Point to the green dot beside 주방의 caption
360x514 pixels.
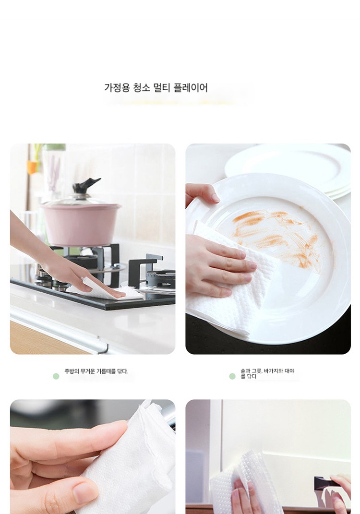56,376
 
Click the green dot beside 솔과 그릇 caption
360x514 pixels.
232,376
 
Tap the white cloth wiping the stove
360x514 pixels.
108,293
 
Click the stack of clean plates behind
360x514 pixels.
288,170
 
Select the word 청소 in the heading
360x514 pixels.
142,88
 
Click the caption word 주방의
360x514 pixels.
72,371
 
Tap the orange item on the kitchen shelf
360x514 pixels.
32,167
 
